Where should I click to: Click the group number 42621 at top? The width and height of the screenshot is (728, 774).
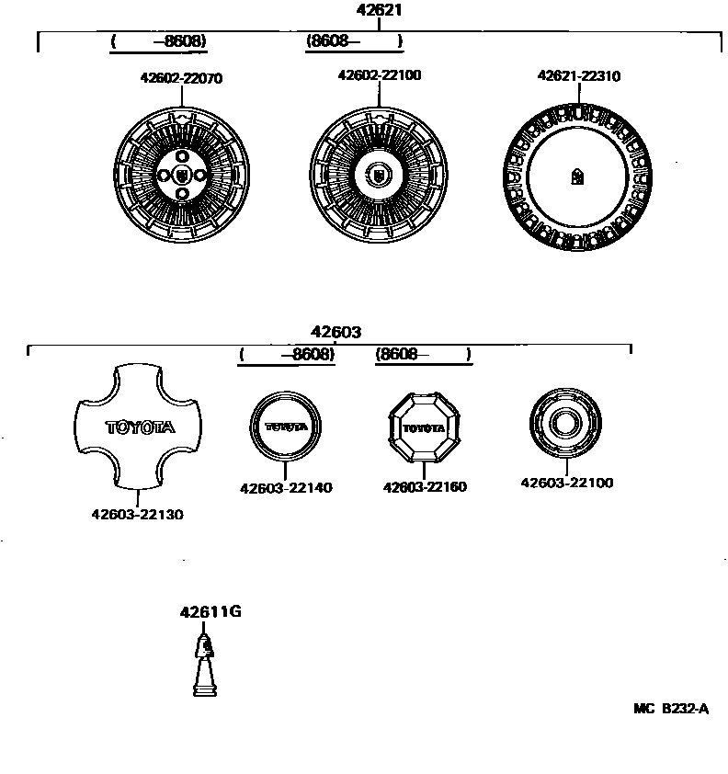tap(380, 11)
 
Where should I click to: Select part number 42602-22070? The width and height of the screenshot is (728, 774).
tap(181, 79)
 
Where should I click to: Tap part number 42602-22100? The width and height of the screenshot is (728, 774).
tap(380, 75)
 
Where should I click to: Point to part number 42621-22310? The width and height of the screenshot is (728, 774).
tap(579, 76)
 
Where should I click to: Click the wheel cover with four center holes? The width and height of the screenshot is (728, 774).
tap(180, 175)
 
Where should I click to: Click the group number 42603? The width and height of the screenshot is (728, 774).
tap(335, 333)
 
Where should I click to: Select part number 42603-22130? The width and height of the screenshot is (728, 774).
tap(137, 515)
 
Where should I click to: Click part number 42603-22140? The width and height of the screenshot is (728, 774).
tap(286, 488)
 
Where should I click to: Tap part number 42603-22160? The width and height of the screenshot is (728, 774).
tap(425, 487)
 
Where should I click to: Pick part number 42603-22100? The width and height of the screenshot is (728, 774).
tap(567, 483)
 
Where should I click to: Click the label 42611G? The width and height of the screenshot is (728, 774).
tap(210, 612)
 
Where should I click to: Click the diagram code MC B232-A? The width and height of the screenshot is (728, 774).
tap(671, 709)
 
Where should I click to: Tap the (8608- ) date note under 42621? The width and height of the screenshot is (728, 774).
tap(355, 41)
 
